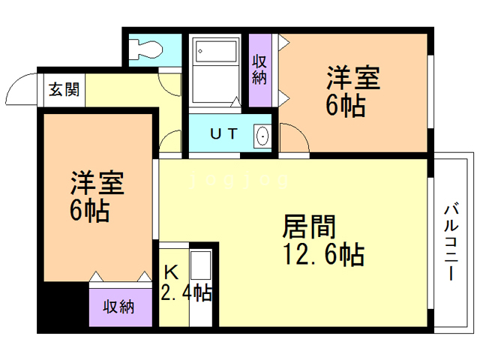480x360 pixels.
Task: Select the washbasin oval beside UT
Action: tap(263, 136)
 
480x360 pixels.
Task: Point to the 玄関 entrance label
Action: tap(64, 90)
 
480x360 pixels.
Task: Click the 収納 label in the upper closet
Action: tap(259, 70)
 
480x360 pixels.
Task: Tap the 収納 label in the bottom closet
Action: tap(118, 306)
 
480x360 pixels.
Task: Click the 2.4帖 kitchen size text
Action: tap(186, 292)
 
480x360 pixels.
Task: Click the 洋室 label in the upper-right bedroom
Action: tap(352, 79)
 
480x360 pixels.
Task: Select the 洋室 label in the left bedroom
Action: tap(97, 183)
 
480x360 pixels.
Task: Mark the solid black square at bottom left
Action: tap(63, 307)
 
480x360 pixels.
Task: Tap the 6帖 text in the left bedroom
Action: tap(90, 211)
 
